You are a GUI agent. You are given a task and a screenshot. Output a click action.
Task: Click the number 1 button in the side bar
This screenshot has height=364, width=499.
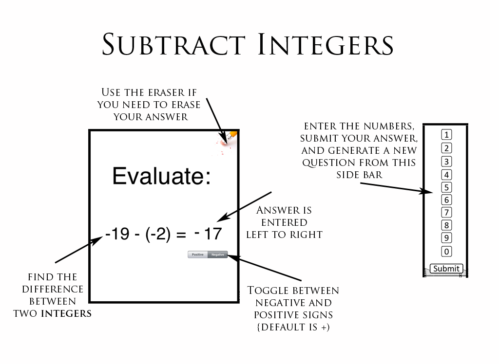click(446, 135)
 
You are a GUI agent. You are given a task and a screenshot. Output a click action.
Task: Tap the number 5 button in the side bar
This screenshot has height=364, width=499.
click(446, 187)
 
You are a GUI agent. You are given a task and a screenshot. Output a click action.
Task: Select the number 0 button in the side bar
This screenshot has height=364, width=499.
click(446, 252)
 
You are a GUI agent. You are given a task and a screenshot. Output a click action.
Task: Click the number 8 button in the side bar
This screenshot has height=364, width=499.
click(446, 225)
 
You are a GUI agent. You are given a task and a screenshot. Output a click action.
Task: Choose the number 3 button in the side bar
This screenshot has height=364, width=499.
click(446, 162)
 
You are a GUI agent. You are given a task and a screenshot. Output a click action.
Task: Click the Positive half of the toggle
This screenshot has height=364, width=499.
click(198, 255)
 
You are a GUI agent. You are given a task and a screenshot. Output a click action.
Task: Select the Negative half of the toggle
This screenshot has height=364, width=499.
click(217, 255)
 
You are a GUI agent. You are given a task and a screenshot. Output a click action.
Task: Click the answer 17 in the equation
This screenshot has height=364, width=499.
click(213, 234)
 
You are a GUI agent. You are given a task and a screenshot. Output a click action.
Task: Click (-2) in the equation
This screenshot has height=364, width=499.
click(157, 235)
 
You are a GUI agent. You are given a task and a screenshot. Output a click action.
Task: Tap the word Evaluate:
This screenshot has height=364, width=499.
click(161, 176)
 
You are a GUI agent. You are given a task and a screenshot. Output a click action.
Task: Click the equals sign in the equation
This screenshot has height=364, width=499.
click(181, 235)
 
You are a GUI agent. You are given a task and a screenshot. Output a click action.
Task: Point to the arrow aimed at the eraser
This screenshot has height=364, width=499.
click(214, 117)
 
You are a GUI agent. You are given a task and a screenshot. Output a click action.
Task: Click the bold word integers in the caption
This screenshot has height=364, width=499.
click(66, 313)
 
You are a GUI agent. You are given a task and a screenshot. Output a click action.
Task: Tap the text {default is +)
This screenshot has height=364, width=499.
click(293, 327)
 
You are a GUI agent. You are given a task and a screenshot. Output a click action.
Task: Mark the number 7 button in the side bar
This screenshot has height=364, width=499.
click(446, 212)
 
